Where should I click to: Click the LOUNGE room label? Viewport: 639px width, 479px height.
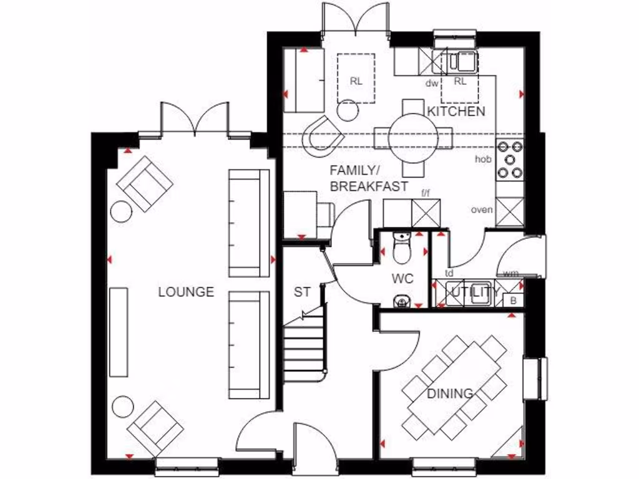click(x=186, y=292)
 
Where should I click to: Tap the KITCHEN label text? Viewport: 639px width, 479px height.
click(x=456, y=112)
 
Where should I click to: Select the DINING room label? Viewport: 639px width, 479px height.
click(x=449, y=394)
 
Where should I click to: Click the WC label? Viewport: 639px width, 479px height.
click(x=403, y=278)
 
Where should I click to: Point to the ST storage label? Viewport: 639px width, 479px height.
click(x=302, y=292)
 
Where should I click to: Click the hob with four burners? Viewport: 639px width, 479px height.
click(x=510, y=160)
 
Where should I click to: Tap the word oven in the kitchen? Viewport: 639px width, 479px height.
click(x=482, y=210)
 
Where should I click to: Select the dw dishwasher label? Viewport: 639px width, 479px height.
click(x=432, y=82)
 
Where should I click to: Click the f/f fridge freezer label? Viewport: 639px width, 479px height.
click(x=426, y=193)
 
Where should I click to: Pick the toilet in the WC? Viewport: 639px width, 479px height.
click(x=402, y=249)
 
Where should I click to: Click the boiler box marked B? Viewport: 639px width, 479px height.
click(x=513, y=301)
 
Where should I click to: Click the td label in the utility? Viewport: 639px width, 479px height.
click(x=449, y=273)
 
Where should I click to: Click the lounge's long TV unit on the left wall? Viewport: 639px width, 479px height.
click(x=119, y=332)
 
